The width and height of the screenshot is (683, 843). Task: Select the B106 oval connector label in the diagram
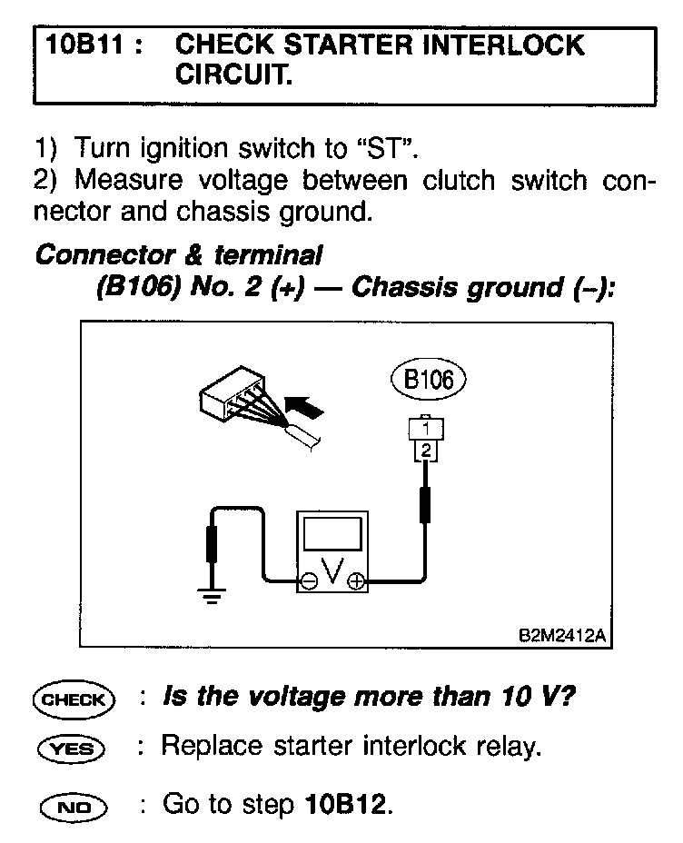[x=426, y=379]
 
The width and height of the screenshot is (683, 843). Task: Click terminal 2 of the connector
[x=426, y=448]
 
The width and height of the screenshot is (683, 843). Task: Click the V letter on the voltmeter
[x=332, y=571]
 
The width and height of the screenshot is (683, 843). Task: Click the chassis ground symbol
[x=212, y=597]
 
